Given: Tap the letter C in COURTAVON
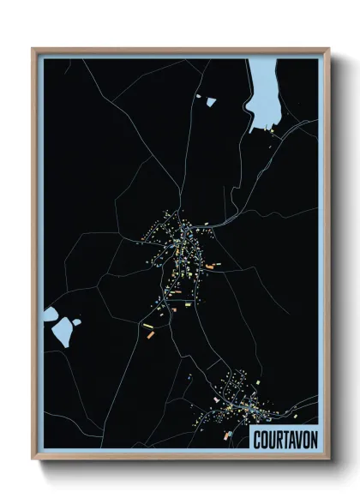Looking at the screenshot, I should point(257,439).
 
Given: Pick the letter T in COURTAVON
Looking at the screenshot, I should point(283,439).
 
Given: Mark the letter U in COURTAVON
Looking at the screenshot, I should point(270,439).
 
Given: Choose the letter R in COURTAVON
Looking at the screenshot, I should point(277,439).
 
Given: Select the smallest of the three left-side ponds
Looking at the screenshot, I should point(76,322).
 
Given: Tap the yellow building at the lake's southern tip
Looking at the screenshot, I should point(273,133).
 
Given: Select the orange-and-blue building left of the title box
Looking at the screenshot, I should point(229,435).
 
